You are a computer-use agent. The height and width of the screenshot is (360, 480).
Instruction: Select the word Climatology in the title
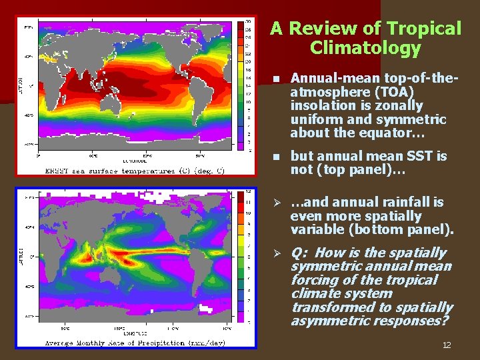click(x=365, y=48)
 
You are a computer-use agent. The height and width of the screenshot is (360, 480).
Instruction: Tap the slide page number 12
click(x=446, y=345)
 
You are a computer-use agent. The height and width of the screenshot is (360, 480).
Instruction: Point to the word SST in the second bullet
click(x=413, y=156)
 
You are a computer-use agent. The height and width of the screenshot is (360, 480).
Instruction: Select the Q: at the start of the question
click(x=301, y=253)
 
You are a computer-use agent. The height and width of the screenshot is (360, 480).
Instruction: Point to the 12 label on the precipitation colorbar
click(x=249, y=192)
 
